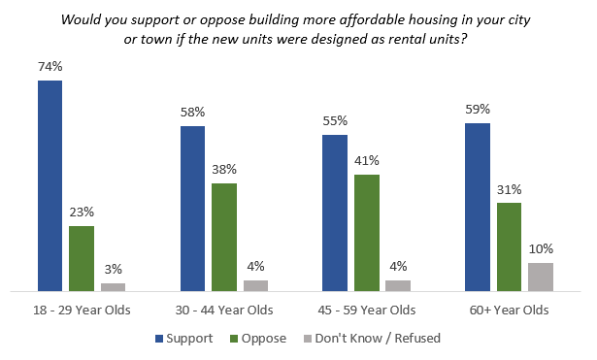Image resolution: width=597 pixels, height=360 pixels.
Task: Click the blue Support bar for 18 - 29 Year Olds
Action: [x=50, y=185]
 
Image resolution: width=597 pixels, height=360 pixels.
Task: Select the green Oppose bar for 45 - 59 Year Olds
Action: [x=367, y=233]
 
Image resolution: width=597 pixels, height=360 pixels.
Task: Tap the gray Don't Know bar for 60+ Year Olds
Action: [x=541, y=277]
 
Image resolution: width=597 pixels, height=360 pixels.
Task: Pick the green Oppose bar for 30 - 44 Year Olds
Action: [x=224, y=237]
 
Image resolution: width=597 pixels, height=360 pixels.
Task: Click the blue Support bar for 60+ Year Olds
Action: [x=478, y=207]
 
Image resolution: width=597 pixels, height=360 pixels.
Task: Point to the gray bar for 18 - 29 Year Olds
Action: [x=114, y=286]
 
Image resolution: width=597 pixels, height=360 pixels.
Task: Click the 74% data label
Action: [x=50, y=69]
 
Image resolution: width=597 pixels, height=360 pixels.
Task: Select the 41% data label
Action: [x=367, y=162]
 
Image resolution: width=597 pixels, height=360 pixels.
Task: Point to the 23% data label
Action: [x=82, y=213]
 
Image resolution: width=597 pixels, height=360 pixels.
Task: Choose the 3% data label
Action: [x=114, y=271]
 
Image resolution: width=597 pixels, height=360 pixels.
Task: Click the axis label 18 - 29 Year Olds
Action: [x=82, y=311]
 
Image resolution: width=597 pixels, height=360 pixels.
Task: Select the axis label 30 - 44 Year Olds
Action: [x=224, y=311]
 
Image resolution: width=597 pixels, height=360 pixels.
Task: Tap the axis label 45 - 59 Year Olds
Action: [x=367, y=311]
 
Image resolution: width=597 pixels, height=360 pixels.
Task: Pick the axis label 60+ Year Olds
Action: [x=509, y=311]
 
